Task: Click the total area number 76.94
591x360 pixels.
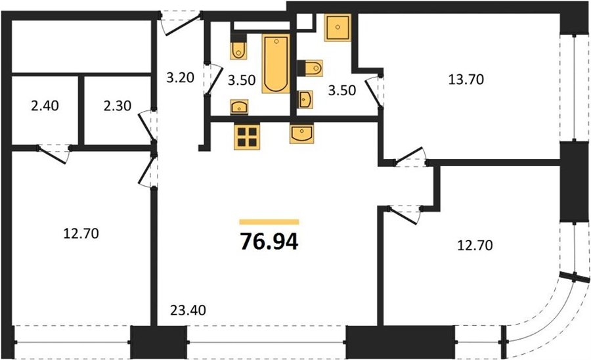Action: tap(269, 242)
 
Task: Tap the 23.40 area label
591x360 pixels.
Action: tap(188, 310)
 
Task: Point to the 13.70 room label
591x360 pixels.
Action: tap(466, 79)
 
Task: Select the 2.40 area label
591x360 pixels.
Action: tap(45, 106)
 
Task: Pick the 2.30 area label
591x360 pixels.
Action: tap(118, 106)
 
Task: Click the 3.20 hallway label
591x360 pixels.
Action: tap(180, 78)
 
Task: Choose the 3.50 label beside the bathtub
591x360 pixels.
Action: tap(242, 80)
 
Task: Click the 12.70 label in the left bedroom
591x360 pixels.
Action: tap(81, 234)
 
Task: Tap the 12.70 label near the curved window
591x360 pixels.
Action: tap(475, 246)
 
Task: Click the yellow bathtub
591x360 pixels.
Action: tap(276, 63)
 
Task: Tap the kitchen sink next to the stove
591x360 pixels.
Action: tap(301, 134)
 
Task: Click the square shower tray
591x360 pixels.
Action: tap(338, 28)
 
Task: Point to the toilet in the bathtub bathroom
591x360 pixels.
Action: tap(238, 47)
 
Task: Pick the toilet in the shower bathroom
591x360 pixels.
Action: tap(311, 68)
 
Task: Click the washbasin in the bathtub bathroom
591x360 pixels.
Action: tap(239, 106)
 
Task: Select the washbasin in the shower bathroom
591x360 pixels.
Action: tap(305, 99)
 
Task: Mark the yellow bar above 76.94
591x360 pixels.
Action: tap(269, 221)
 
